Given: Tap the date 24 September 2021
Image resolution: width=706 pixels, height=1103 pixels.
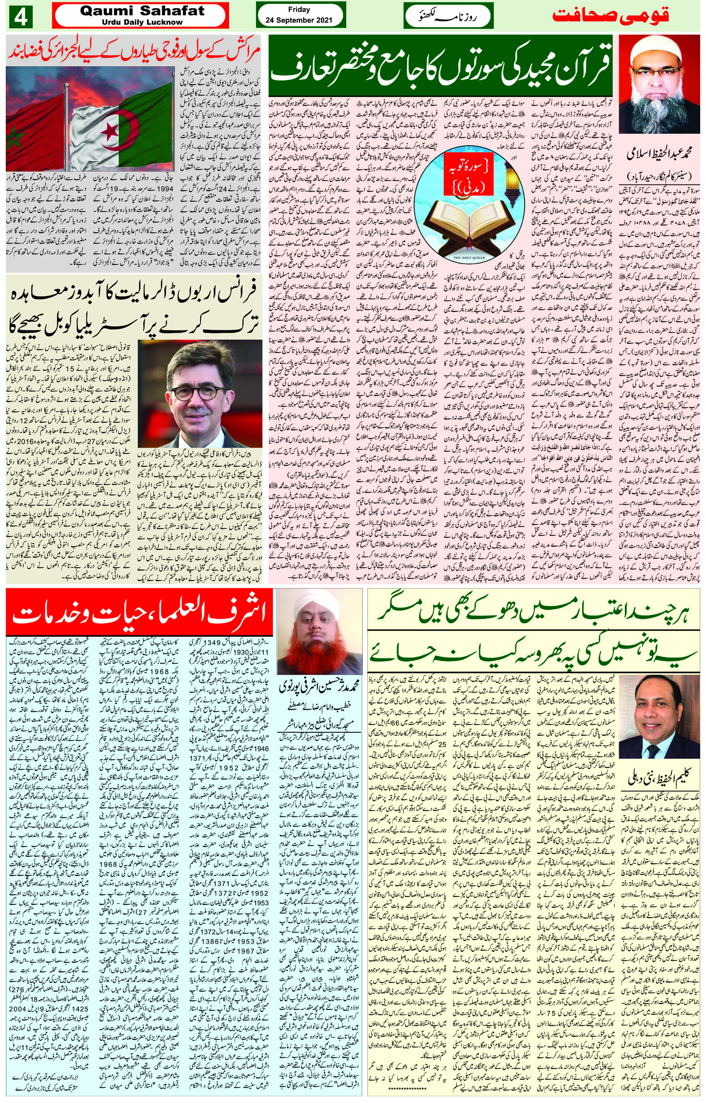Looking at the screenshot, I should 299,20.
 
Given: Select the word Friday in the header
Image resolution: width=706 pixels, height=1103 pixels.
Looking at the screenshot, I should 299,10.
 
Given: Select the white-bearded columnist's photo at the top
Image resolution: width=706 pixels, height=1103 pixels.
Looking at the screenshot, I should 658,85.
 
